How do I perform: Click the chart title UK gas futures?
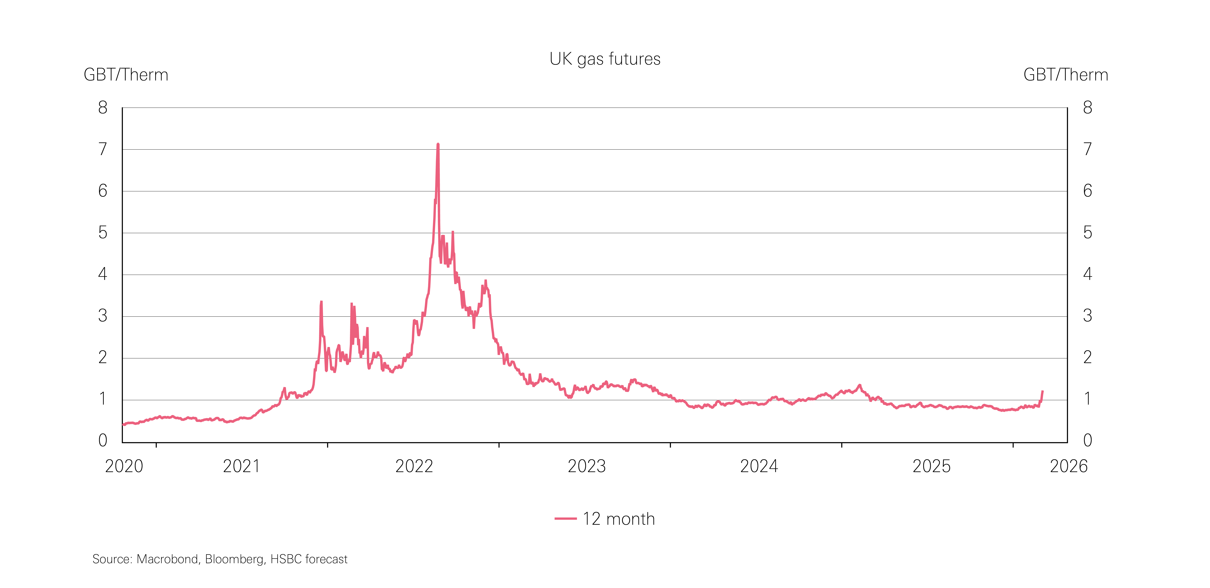605,59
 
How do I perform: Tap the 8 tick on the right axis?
1087,107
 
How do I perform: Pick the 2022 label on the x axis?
414,466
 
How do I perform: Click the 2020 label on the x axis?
124,466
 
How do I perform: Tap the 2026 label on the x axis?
1069,466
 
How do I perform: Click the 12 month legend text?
619,519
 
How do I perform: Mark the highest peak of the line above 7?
438,145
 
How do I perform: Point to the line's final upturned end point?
1042,391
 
